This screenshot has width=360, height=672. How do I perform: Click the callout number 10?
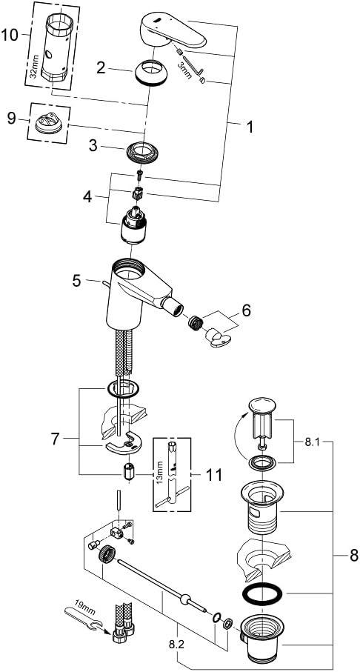pos(10,35)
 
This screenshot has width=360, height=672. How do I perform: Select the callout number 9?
pos(12,119)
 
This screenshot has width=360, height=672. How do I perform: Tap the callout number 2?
pos(101,67)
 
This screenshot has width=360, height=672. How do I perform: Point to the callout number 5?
pos(76,281)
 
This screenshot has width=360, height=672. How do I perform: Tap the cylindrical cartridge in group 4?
pos(134,224)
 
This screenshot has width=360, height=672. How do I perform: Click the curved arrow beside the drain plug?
pos(238,433)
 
